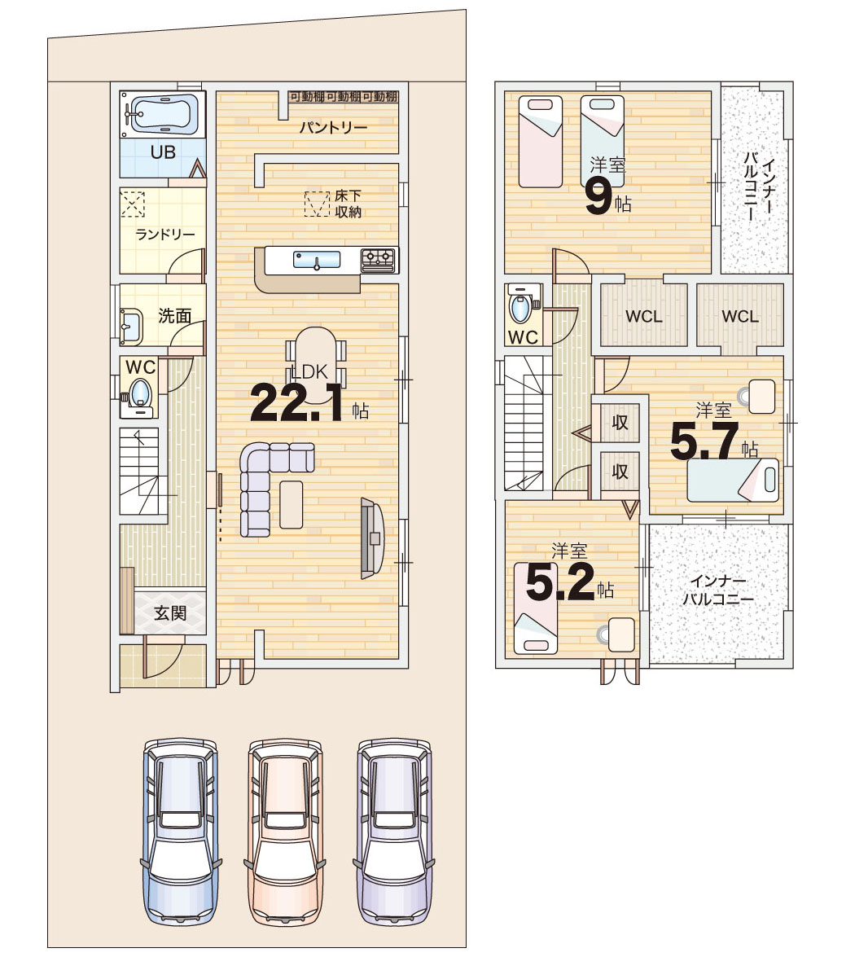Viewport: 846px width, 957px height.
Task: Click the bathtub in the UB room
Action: [x=162, y=114]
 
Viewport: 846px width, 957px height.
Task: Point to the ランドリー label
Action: [x=165, y=235]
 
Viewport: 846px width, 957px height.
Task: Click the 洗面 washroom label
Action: [x=175, y=315]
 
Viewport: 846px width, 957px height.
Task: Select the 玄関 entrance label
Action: [x=170, y=612]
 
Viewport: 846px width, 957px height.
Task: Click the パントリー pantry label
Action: [x=333, y=128]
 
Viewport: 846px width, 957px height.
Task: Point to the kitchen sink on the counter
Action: [x=317, y=260]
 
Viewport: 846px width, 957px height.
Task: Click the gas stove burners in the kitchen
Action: [x=378, y=260]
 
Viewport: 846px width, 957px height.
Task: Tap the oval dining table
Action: [x=315, y=365]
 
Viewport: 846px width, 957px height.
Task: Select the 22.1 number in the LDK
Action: [x=296, y=403]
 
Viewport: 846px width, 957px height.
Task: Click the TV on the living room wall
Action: [x=371, y=538]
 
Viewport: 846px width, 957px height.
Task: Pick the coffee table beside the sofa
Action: [x=291, y=504]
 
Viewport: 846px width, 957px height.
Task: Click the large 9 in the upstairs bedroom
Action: [x=598, y=199]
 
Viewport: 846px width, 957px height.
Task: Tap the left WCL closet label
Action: [x=644, y=316]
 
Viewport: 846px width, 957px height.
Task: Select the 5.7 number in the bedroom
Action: [x=704, y=441]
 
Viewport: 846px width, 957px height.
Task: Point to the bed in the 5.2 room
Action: [x=536, y=608]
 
